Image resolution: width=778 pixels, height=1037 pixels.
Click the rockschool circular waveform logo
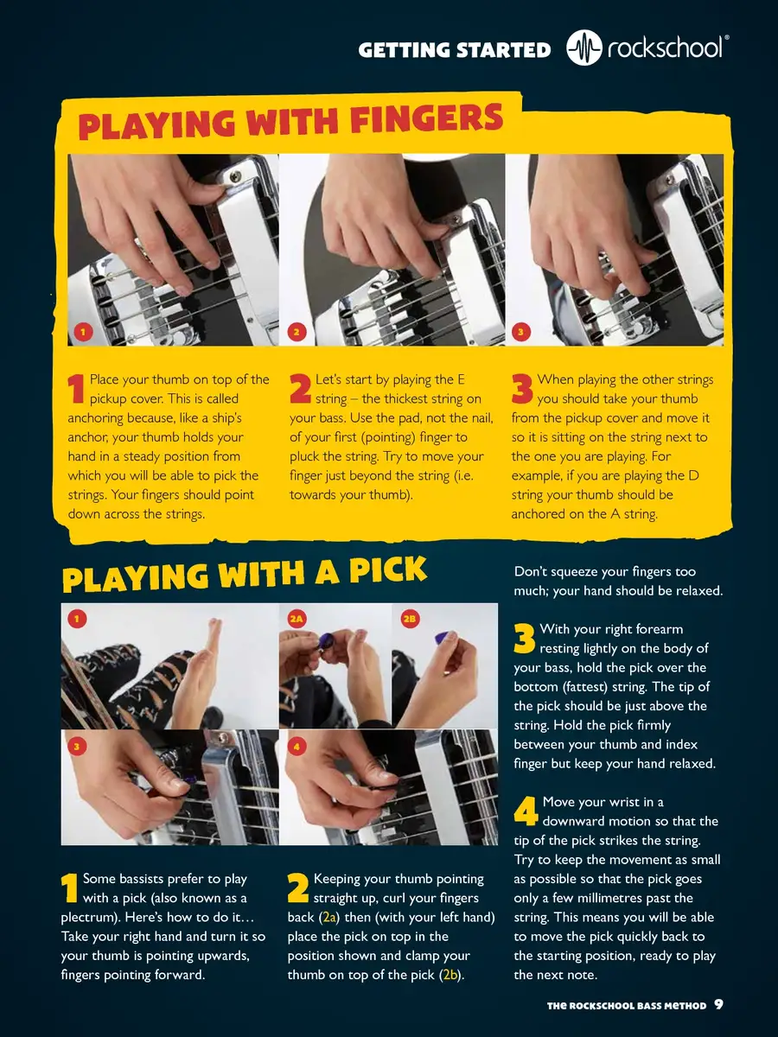584,48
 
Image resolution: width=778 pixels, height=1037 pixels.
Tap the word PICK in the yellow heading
388,571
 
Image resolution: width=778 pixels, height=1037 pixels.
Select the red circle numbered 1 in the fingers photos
83,332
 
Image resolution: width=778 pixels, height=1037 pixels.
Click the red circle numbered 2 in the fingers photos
297,332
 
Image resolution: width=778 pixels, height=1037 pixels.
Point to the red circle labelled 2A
297,619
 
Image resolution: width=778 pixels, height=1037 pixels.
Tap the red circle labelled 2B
410,619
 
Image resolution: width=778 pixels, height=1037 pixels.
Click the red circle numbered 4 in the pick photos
297,747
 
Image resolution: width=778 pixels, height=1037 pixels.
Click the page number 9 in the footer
718,1004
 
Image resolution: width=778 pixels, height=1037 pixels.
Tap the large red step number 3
522,389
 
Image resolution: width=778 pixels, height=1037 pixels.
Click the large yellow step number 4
526,811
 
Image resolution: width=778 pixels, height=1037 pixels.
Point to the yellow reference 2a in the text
329,918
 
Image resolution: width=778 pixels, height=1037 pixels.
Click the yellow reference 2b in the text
450,975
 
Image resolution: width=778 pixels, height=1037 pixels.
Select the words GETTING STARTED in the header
455,50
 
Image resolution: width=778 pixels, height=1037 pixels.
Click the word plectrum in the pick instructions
89,919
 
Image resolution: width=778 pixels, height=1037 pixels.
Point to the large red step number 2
301,389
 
